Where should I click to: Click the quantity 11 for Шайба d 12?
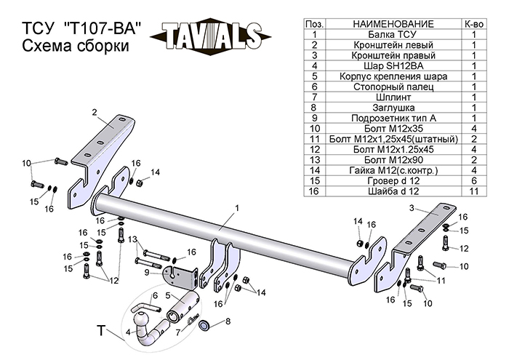473,191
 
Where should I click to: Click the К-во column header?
473,25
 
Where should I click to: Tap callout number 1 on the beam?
237,208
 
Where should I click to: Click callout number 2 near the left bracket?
95,111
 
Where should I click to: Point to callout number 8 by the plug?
228,321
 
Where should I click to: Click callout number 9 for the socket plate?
146,272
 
